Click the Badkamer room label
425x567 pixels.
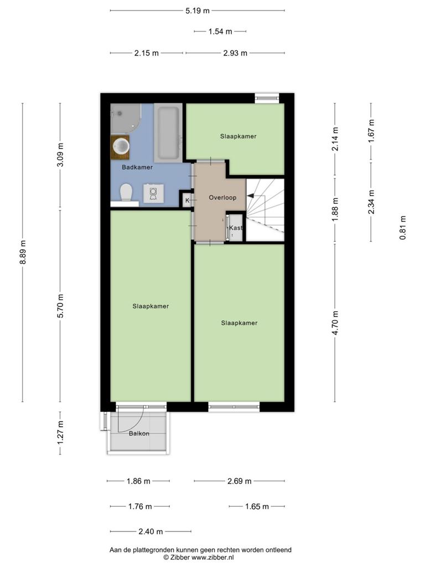click(137, 167)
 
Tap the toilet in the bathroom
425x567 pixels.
click(126, 192)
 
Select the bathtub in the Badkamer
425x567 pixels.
click(168, 133)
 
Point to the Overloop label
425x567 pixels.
click(222, 198)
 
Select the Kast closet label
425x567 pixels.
click(236, 228)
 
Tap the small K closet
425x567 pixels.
click(187, 200)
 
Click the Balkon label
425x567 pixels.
click(139, 433)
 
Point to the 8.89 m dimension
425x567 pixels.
click(23, 252)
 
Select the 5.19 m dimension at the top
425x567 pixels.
click(198, 11)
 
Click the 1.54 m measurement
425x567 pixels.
click(220, 32)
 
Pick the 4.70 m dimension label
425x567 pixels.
click(335, 323)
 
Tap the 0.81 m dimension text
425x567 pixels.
click(403, 228)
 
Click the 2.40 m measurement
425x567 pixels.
click(151, 532)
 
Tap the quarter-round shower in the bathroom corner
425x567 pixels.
click(125, 118)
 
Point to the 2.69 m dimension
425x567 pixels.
click(239, 481)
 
